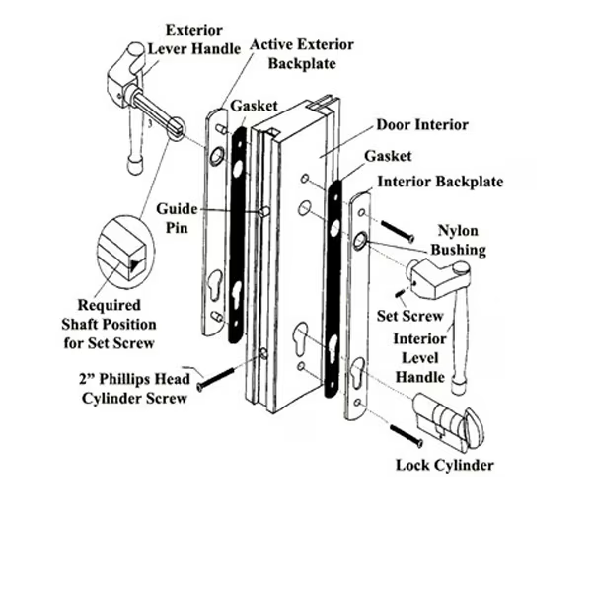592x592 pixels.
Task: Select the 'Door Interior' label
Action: point(421,125)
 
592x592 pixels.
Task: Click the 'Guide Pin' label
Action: point(177,219)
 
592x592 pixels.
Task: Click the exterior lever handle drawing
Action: point(138,99)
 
